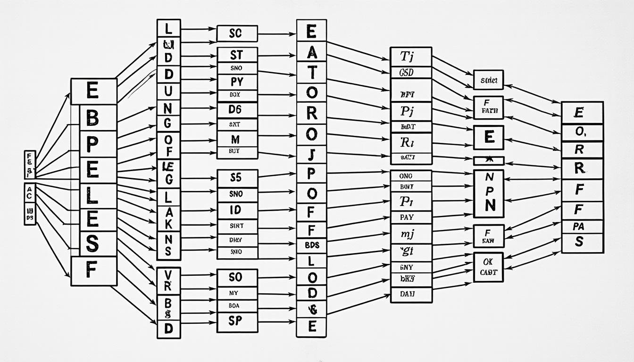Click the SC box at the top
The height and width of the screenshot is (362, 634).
click(x=237, y=34)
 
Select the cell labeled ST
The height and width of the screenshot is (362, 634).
click(x=237, y=54)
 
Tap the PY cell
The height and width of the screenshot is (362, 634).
click(x=237, y=82)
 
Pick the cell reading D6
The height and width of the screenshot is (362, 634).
click(x=237, y=110)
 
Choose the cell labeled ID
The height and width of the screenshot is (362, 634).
click(x=237, y=209)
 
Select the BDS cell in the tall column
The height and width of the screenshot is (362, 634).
click(x=311, y=245)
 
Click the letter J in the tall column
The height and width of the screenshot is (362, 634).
click(x=311, y=154)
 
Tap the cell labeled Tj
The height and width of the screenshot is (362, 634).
click(x=411, y=57)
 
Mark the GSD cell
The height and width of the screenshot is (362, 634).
click(x=411, y=73)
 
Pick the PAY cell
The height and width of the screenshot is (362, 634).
click(x=411, y=217)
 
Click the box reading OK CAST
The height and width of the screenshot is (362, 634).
click(x=488, y=267)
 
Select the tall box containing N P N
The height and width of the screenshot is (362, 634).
click(x=488, y=193)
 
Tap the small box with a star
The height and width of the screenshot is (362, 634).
click(x=488, y=161)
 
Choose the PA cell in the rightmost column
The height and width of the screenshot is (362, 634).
click(x=582, y=227)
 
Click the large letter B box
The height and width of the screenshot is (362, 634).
click(x=93, y=118)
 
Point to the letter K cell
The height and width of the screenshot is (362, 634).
click(x=168, y=224)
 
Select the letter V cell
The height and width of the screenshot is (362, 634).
click(x=168, y=273)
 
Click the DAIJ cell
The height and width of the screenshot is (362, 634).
click(x=411, y=294)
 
